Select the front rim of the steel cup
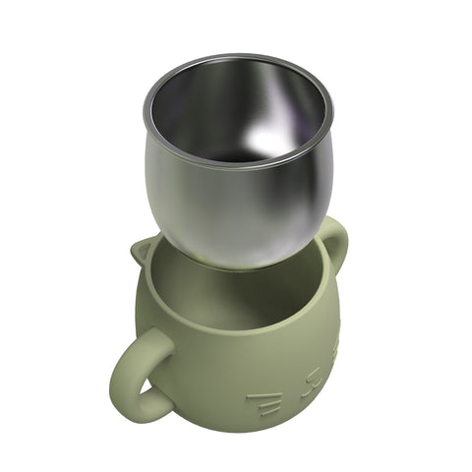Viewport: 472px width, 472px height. point(226,165)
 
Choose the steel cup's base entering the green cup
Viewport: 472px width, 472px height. point(236,261)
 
